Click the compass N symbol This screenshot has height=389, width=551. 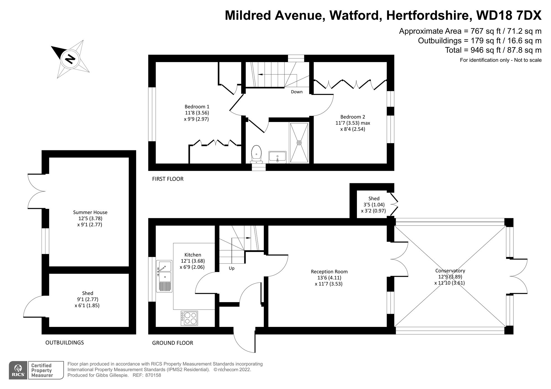[70, 59]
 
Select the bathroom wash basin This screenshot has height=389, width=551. [277, 157]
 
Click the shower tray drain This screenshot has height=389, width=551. [299, 143]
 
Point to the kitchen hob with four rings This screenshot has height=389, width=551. [189, 318]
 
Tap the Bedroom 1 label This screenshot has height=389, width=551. [197, 107]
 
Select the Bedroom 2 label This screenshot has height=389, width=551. [352, 117]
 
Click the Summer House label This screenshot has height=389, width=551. [90, 212]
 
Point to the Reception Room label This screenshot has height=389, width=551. [329, 271]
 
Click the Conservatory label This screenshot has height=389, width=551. [450, 271]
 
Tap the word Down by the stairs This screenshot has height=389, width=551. [297, 92]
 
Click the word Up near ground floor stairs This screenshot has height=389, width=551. [231, 268]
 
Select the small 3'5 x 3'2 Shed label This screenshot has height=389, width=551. [374, 199]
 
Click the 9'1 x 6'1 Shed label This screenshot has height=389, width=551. [88, 293]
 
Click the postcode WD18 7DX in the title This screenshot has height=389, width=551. [509, 15]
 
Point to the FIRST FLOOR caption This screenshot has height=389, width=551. [168, 179]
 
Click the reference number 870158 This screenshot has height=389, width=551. [153, 375]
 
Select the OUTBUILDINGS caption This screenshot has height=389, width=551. [64, 342]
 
